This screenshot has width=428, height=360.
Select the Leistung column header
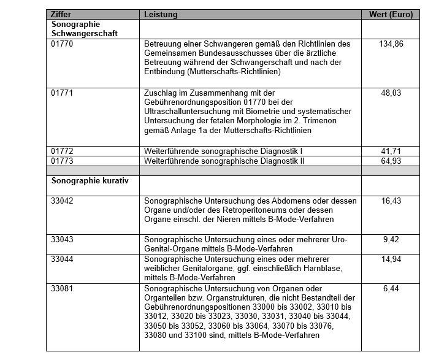pos(160,14)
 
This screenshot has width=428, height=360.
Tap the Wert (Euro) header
pos(391,14)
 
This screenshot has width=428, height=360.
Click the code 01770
pos(63,44)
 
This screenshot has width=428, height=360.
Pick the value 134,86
pos(391,44)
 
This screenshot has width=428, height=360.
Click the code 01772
pos(63,150)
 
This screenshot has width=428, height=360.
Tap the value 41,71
pos(391,150)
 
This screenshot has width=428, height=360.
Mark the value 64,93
pos(391,161)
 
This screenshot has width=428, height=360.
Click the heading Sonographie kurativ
pos(90,182)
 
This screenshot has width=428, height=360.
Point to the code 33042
pos(63,201)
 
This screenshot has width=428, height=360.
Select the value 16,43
pos(391,201)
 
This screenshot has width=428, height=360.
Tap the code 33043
pos(63,240)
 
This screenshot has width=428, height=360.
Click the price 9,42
pos(391,240)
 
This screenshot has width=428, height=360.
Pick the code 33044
pos(63,259)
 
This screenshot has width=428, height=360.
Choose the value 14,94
pos(391,259)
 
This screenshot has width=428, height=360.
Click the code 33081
pos(63,289)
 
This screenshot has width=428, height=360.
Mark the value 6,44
pos(391,289)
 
